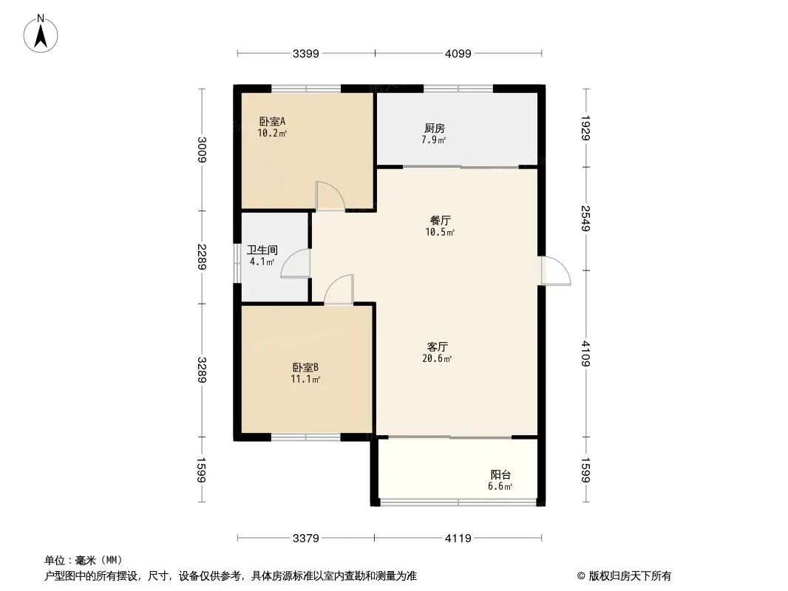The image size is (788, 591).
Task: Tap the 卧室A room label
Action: [x=272, y=121]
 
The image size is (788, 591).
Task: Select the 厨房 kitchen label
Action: [x=434, y=129]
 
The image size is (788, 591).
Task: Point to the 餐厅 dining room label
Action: [x=441, y=220]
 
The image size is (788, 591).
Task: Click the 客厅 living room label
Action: [x=437, y=347]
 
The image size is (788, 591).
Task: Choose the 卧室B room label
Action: [x=305, y=368]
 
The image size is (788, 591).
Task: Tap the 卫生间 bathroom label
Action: [x=262, y=250]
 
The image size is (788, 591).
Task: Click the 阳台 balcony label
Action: [x=500, y=475]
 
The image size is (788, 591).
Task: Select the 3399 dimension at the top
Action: [x=305, y=53]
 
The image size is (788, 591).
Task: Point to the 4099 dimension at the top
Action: [x=458, y=53]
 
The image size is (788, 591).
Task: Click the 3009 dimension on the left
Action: [x=202, y=150]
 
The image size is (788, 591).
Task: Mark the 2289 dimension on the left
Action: [x=202, y=256]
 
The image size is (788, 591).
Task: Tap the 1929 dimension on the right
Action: [x=585, y=128]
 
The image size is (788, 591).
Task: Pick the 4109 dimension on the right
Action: [x=585, y=354]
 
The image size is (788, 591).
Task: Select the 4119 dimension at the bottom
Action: [x=458, y=539]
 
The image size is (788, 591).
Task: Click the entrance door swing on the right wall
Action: [x=556, y=271]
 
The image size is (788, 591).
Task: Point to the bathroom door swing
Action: [x=296, y=263]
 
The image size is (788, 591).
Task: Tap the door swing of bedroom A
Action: [x=330, y=196]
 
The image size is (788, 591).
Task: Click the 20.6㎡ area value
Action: [x=437, y=358]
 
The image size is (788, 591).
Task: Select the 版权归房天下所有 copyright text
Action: [x=630, y=576]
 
